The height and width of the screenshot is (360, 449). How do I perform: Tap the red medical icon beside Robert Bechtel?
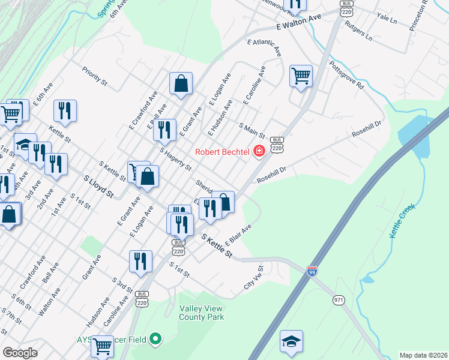tap(259, 151)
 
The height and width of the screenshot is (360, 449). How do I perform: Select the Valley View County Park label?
tap(201, 312)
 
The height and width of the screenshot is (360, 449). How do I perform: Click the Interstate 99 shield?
tap(312, 271)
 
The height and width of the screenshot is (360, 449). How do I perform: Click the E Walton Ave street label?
tap(300, 23)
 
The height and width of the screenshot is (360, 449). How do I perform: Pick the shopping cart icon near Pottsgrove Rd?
tap(301, 76)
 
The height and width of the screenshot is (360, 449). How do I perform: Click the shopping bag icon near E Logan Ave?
tap(181, 83)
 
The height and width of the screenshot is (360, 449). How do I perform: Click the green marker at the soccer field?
tap(156, 340)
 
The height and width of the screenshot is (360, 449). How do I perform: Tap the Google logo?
tap(20, 353)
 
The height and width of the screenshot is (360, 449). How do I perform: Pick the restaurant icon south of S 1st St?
tap(141, 261)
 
